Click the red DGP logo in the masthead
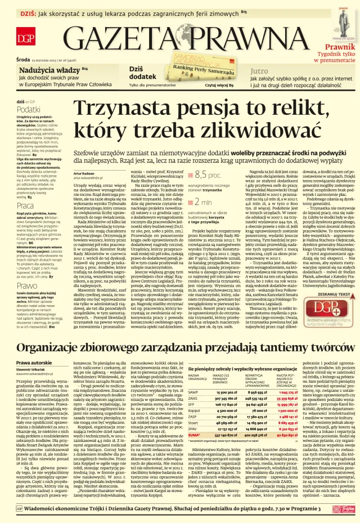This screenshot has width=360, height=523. [24, 38]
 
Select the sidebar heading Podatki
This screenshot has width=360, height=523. [28, 109]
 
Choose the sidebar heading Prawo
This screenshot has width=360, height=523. [26, 285]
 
